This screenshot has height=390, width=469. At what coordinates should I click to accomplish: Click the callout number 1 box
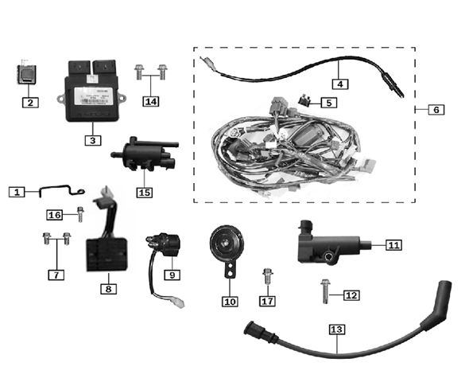[17, 191]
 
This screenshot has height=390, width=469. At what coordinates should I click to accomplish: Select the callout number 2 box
[29, 102]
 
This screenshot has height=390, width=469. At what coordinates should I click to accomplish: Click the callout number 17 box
[267, 302]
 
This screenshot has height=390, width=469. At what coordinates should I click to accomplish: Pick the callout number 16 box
[55, 215]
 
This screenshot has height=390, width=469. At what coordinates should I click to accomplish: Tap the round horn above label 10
[226, 242]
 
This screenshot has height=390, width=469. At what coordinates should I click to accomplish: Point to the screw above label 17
[266, 279]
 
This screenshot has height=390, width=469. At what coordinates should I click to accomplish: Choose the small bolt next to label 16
[80, 213]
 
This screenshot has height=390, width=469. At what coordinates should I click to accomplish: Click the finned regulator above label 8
[106, 245]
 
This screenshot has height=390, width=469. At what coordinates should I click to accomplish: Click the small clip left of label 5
[303, 101]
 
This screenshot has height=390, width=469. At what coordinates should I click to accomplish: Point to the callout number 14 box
[152, 101]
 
